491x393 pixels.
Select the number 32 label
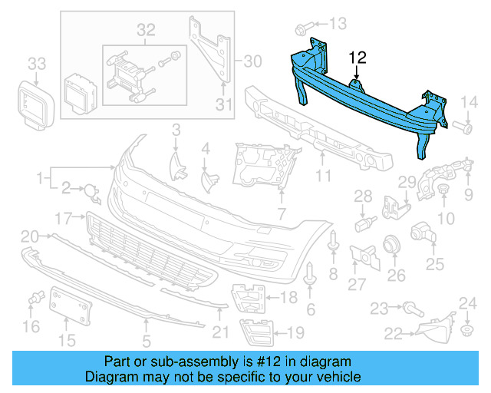click(146, 30)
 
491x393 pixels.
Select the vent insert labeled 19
click(256, 331)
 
